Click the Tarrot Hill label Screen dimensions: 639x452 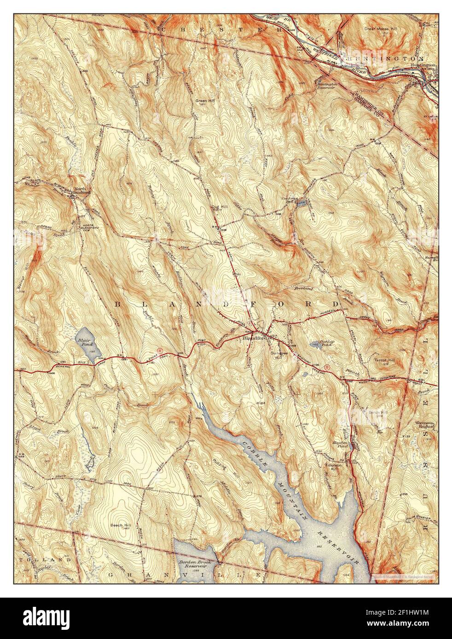384,360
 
